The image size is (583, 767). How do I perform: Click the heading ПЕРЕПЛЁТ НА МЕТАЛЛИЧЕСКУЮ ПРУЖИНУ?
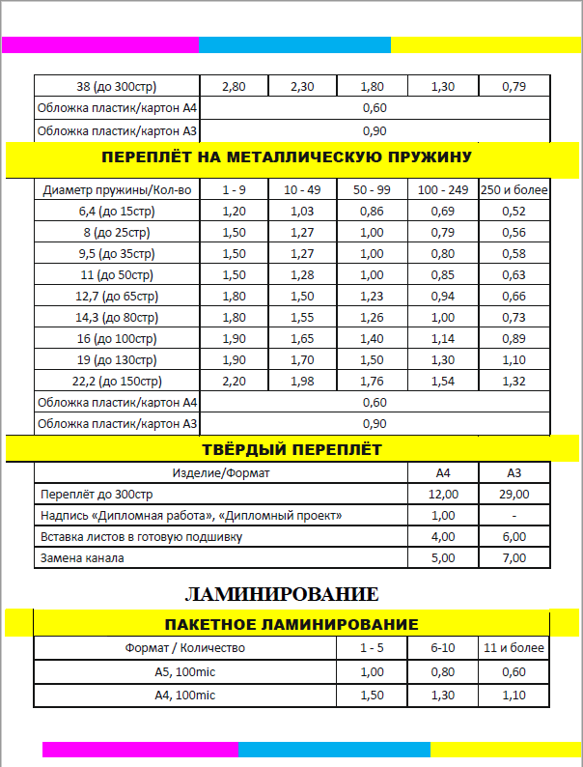click(291, 156)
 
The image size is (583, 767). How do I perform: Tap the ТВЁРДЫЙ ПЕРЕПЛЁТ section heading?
click(291, 449)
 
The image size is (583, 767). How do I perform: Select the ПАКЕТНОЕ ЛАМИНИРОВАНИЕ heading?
click(291, 624)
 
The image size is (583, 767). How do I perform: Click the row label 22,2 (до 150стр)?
click(116, 382)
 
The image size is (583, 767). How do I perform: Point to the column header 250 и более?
click(514, 189)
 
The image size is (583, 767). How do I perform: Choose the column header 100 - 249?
click(443, 189)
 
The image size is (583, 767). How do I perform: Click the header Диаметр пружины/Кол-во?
click(117, 189)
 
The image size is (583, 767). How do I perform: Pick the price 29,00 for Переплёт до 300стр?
click(514, 494)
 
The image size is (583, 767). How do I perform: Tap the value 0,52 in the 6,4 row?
click(514, 211)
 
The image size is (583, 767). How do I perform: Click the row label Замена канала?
click(81, 557)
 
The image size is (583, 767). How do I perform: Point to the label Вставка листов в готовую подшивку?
click(140, 536)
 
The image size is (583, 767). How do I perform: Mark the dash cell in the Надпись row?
click(514, 515)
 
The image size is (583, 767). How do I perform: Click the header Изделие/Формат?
click(221, 473)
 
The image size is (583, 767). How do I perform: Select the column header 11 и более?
click(514, 647)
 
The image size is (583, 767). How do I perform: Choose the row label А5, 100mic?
click(184, 671)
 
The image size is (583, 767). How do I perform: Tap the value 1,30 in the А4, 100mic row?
click(444, 695)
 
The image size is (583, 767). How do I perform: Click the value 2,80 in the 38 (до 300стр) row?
click(234, 86)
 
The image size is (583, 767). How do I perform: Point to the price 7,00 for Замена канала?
click(514, 557)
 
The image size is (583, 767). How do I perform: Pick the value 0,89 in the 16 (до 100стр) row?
click(514, 339)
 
